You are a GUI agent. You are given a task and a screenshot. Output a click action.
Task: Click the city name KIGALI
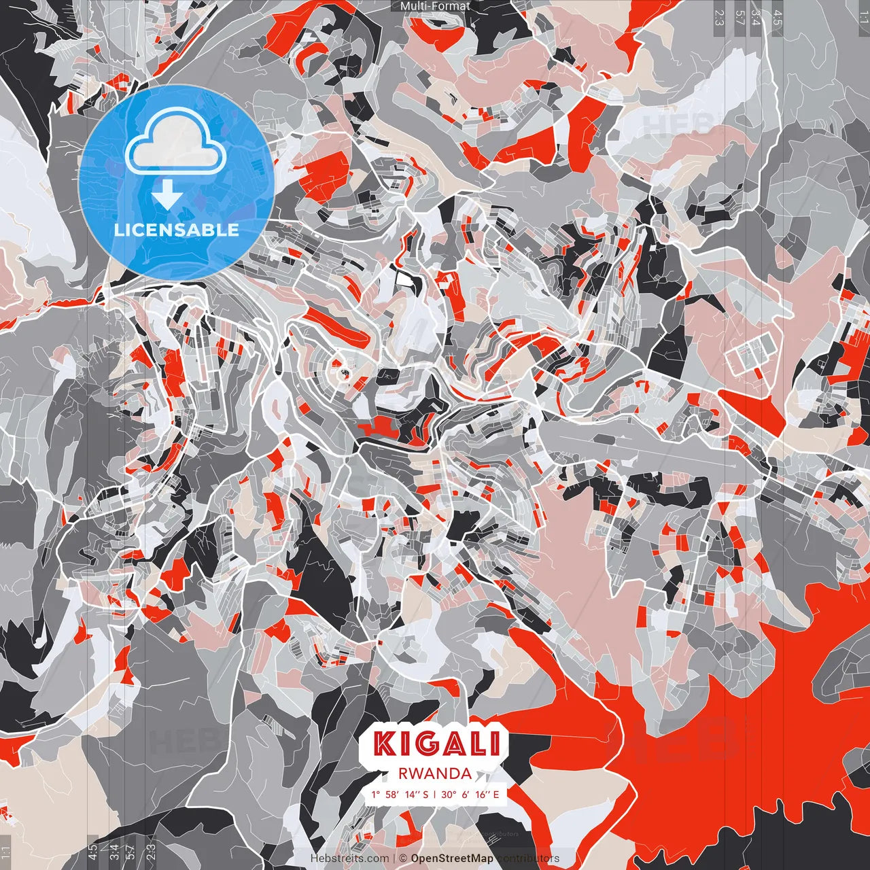[x=436, y=743]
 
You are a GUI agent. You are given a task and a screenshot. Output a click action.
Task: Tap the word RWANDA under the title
[x=436, y=773]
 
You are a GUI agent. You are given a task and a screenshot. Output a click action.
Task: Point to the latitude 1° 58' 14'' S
[x=400, y=794]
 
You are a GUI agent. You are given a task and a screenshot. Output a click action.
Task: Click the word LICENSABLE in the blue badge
[x=177, y=230]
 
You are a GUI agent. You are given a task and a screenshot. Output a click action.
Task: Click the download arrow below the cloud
[x=167, y=194]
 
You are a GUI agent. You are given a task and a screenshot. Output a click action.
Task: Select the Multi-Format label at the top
[x=435, y=6]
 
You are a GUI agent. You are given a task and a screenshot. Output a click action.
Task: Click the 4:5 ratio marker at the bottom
[x=92, y=852]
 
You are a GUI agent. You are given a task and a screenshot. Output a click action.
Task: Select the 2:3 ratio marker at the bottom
[x=150, y=852]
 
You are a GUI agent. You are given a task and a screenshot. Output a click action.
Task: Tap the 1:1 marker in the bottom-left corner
[x=6, y=852]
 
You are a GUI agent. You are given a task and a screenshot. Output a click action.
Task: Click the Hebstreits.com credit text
[x=349, y=858]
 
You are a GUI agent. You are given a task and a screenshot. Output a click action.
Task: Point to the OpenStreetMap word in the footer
[x=452, y=858]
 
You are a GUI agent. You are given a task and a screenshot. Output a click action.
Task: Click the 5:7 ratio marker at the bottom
[x=130, y=852]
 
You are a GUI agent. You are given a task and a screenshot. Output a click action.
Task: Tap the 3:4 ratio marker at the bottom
[x=114, y=852]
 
